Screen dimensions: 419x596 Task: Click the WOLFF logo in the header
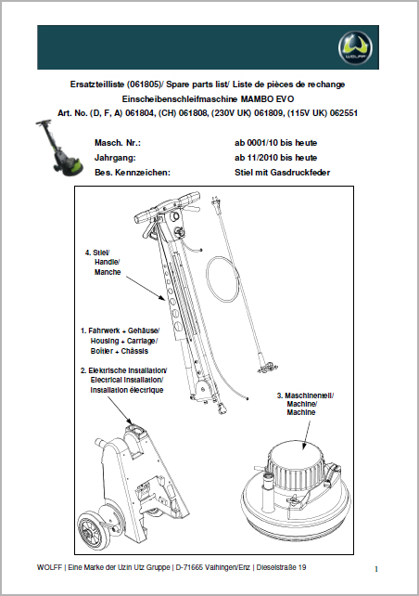tap(355, 47)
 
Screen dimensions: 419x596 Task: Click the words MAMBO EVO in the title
tap(267, 98)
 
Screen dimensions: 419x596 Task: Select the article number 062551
tap(344, 113)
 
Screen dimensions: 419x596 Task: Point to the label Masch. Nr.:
tap(118, 143)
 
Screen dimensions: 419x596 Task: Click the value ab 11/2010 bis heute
tap(275, 158)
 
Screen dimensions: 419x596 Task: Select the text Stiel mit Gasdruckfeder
tap(282, 172)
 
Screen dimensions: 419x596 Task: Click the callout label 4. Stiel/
tap(97, 253)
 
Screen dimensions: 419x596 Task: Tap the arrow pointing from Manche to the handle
tap(146, 289)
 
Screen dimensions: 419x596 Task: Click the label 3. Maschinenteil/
tap(305, 395)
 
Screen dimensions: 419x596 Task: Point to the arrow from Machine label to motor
tap(306, 434)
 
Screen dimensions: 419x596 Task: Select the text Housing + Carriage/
tap(123, 341)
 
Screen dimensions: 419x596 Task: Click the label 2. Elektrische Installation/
tap(123, 370)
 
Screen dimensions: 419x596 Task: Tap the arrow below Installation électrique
tap(120, 410)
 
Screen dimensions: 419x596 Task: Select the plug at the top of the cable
tap(215, 202)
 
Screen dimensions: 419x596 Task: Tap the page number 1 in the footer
tap(376, 569)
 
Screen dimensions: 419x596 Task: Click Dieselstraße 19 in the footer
tap(281, 567)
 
